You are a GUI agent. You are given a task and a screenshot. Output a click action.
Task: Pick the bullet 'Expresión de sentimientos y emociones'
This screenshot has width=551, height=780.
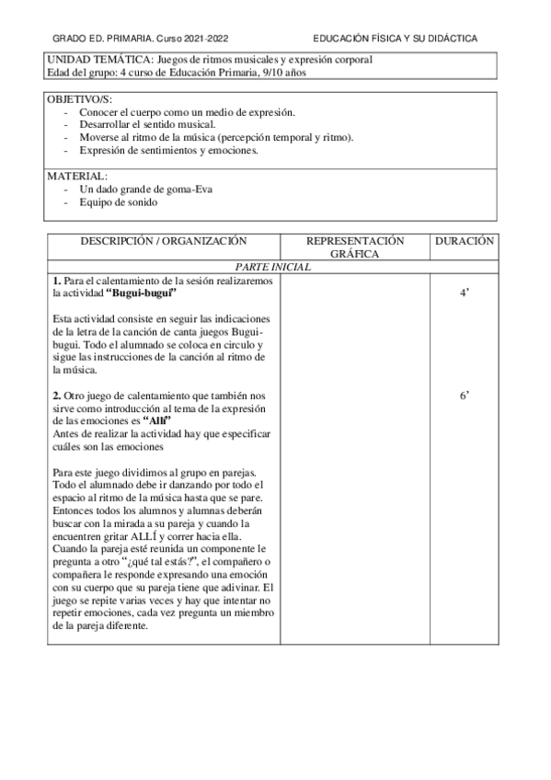(x=168, y=150)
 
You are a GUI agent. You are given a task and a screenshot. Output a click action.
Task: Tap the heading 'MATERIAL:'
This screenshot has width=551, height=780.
(x=76, y=176)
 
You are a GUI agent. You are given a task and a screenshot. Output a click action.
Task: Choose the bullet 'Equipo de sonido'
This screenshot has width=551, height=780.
(x=119, y=201)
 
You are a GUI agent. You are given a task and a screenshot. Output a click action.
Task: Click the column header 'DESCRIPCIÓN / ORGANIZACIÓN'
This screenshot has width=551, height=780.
(x=164, y=241)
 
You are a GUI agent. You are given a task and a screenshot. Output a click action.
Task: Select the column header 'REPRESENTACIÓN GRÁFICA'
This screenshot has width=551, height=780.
(x=354, y=247)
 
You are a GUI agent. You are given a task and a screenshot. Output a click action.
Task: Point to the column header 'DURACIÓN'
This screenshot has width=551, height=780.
(x=465, y=241)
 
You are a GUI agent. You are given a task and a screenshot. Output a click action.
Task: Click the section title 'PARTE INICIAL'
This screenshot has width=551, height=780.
(x=273, y=267)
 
